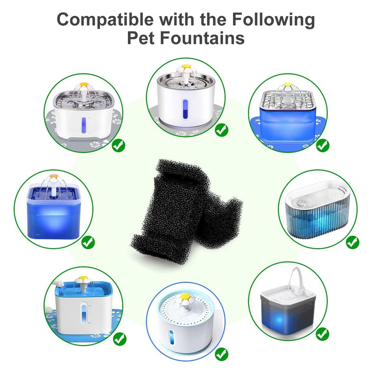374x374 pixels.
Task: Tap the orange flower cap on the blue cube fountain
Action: coord(54,176)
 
